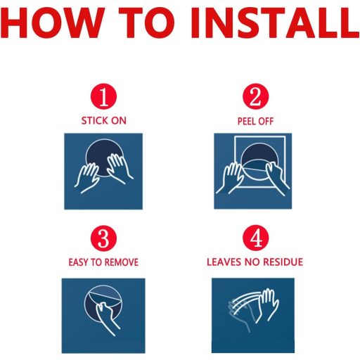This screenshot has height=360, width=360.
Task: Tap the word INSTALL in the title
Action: [275, 22]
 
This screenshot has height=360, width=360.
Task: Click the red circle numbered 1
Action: [103, 96]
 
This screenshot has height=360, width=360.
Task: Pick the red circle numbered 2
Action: [255, 96]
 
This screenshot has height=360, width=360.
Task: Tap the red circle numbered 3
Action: [103, 238]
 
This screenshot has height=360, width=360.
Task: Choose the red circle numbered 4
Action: [255, 238]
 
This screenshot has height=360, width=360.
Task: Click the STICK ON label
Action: [103, 121]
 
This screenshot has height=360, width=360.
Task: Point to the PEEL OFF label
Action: [255, 121]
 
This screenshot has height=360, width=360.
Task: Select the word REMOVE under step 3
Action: [121, 262]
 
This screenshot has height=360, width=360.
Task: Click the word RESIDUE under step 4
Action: [283, 262]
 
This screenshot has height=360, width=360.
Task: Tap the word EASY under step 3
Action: [79, 262]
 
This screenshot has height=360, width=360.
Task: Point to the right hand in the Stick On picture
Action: [119, 168]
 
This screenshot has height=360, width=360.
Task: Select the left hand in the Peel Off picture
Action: [229, 179]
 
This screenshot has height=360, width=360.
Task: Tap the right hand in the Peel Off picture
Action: [277, 179]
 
